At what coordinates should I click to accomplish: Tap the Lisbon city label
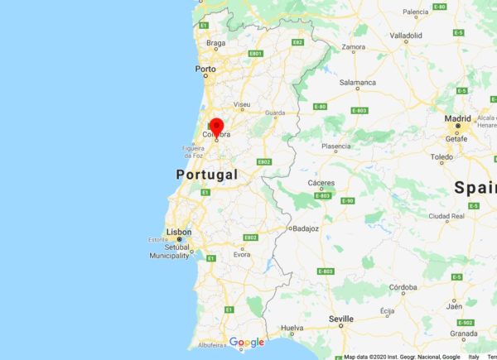click(180, 232)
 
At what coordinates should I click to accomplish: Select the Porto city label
click(205, 70)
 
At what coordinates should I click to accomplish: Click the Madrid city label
click(456, 118)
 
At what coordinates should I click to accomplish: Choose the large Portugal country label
click(207, 175)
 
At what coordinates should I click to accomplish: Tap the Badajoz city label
click(304, 228)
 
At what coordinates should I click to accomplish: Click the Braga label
click(215, 42)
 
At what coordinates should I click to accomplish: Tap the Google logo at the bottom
click(246, 342)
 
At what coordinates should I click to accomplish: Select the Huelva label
click(293, 329)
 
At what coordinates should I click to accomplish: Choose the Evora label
click(242, 254)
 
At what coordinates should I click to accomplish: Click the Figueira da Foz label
click(193, 150)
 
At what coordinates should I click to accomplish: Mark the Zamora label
click(354, 48)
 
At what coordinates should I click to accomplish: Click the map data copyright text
click(402, 357)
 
